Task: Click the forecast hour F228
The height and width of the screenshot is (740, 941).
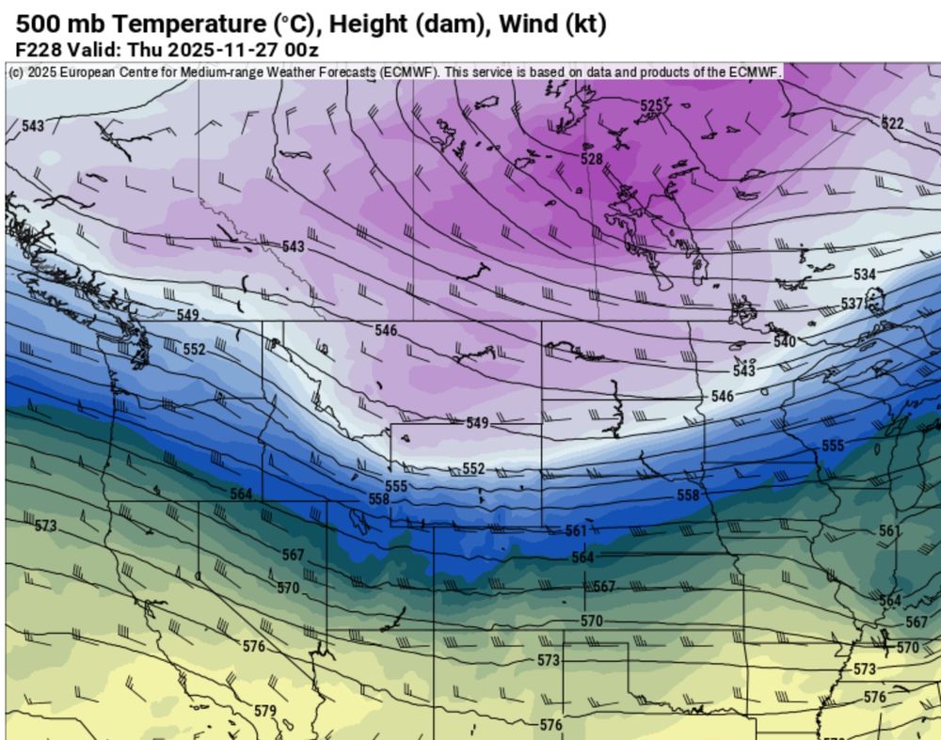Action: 38,49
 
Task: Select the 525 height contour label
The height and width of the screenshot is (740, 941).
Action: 651,106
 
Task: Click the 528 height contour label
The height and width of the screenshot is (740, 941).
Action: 591,159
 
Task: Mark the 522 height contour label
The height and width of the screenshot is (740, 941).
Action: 892,123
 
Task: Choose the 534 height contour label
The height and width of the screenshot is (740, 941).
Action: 864,275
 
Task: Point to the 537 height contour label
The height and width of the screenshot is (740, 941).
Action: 852,304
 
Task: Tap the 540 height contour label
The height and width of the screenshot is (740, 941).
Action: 785,341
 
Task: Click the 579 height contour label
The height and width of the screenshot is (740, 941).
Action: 265,710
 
